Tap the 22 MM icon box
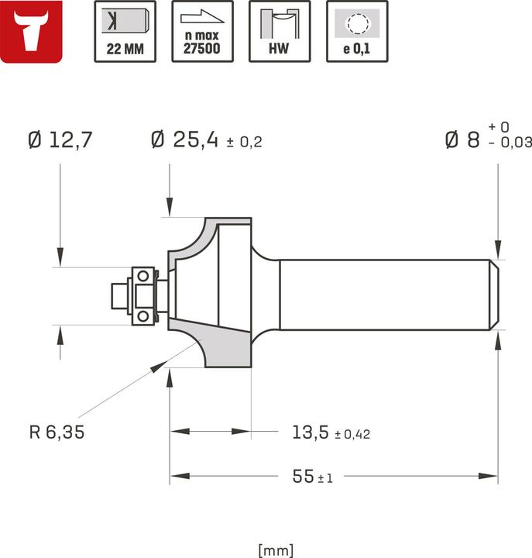pyautogui.click(x=124, y=31)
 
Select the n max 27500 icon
pyautogui.click(x=201, y=31)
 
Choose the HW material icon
pyautogui.click(x=279, y=31)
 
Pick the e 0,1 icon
pyautogui.click(x=357, y=31)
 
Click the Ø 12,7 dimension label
pyautogui.click(x=60, y=140)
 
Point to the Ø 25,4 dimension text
pyautogui.click(x=185, y=140)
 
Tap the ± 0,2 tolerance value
pyautogui.click(x=244, y=143)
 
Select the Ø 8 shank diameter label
pyautogui.click(x=462, y=140)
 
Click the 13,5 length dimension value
pyautogui.click(x=311, y=432)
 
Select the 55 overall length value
pyautogui.click(x=303, y=477)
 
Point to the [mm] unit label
pyautogui.click(x=276, y=550)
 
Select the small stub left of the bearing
pyautogui.click(x=120, y=295)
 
